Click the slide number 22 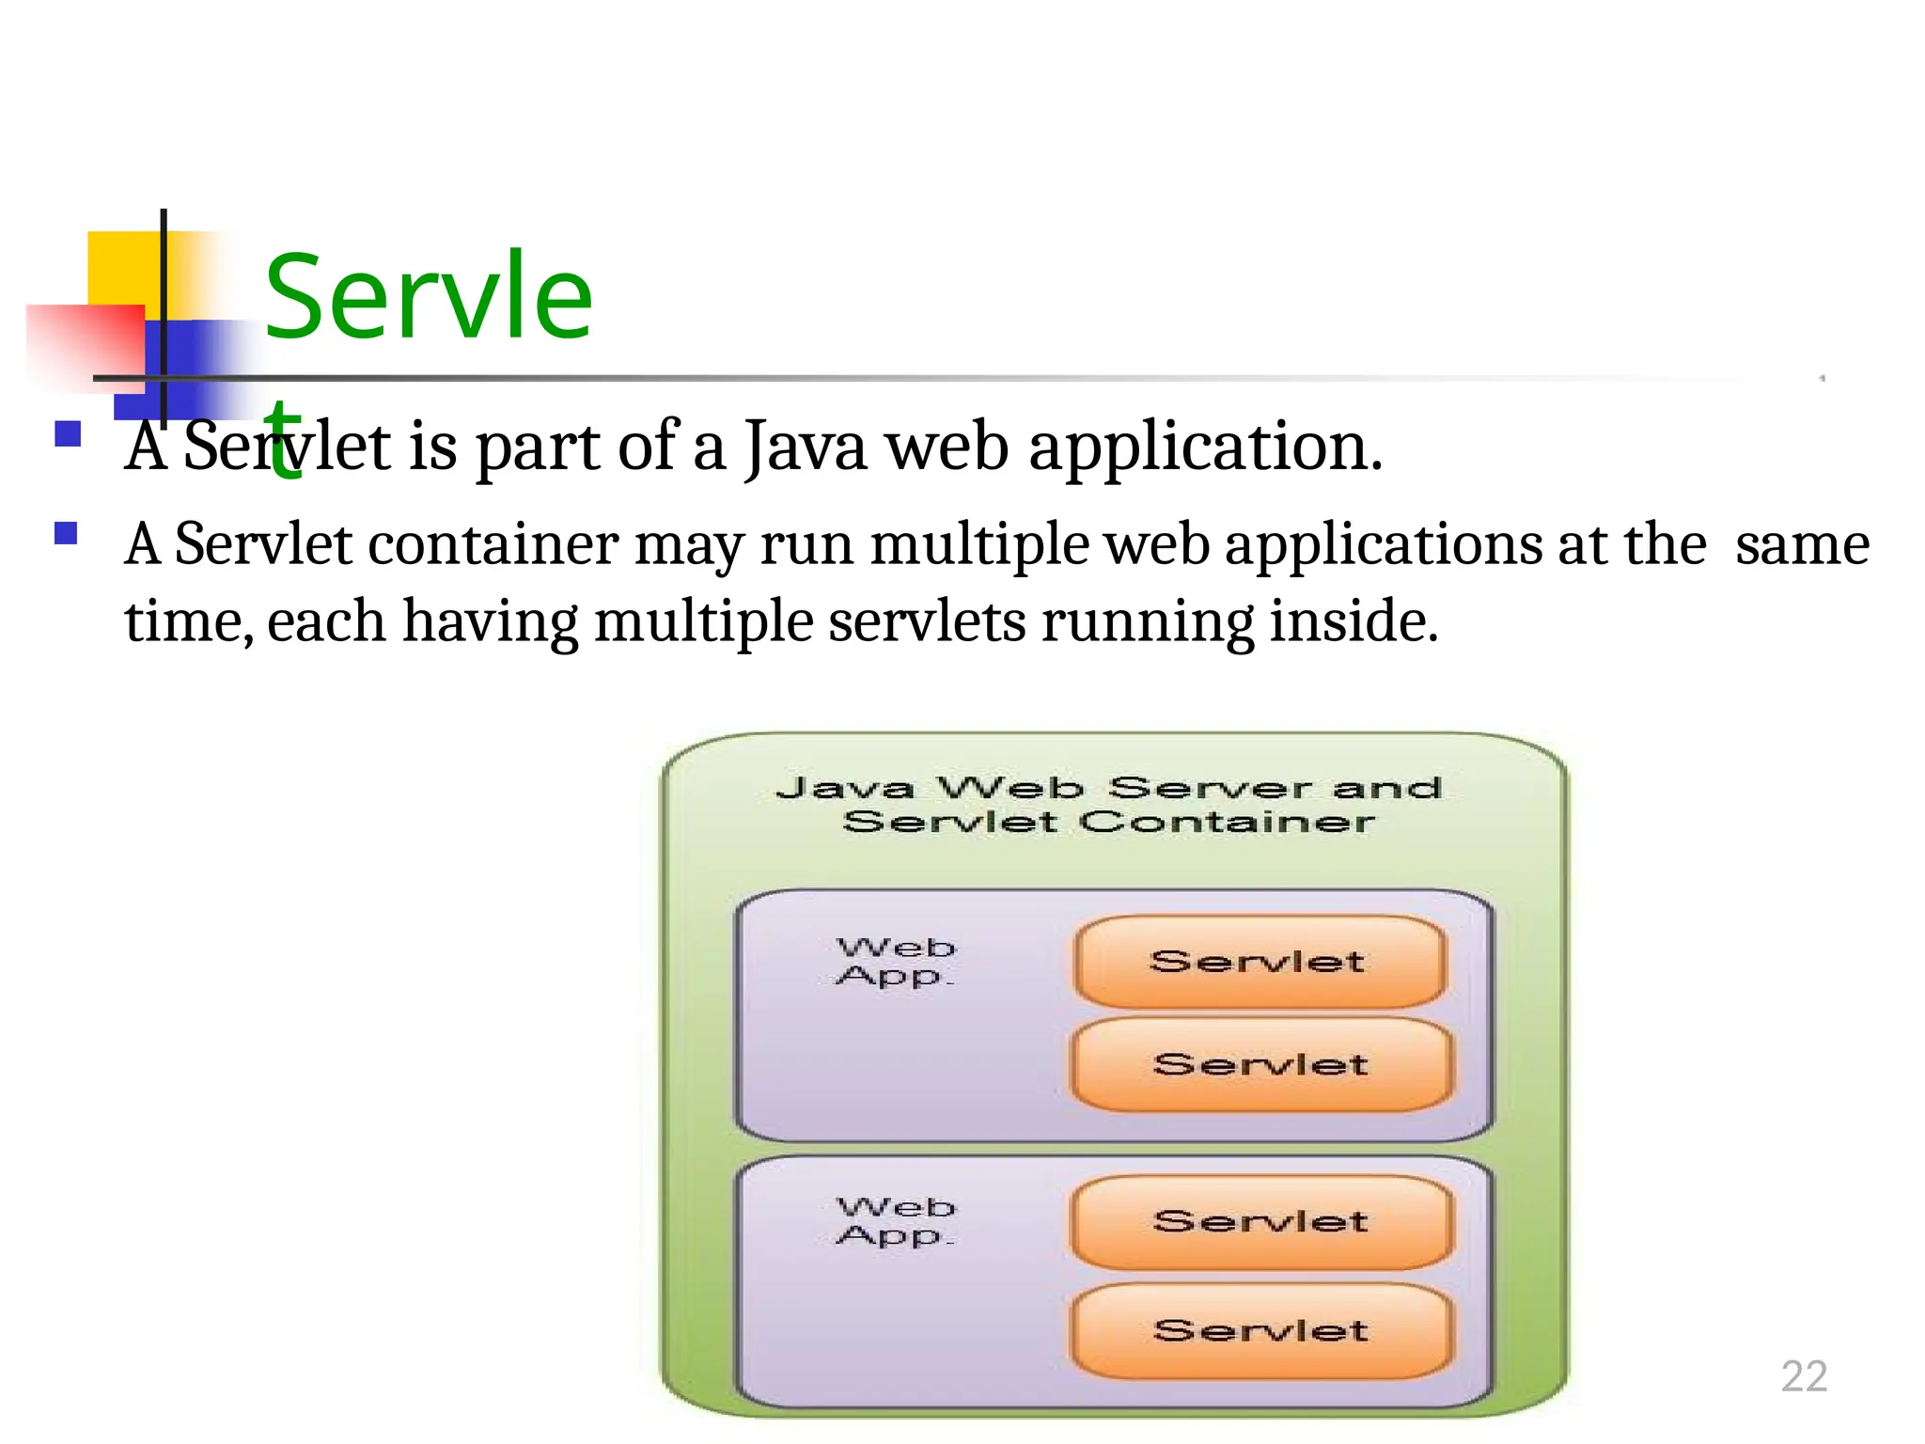tap(1803, 1376)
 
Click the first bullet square tap(68, 433)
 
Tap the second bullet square tap(66, 534)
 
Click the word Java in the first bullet tap(806, 447)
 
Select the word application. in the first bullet tap(1205, 447)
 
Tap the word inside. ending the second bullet tap(1354, 622)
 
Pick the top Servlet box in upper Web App tap(1259, 962)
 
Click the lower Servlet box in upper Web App tap(1260, 1064)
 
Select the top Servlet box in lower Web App tap(1260, 1221)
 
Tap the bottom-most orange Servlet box tap(1260, 1330)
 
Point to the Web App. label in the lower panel tap(896, 1221)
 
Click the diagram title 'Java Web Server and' tap(1109, 787)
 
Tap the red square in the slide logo tap(85, 345)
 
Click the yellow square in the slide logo tap(124, 268)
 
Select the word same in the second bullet tap(1802, 545)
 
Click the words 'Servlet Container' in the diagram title tap(1109, 823)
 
